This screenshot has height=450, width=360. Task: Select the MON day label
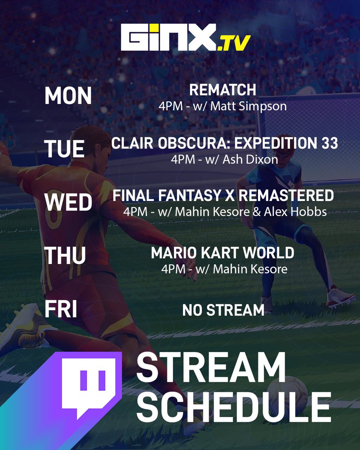point(68,96)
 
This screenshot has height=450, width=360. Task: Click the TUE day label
point(64,149)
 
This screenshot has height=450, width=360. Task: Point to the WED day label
point(68,202)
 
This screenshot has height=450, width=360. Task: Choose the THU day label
point(65,256)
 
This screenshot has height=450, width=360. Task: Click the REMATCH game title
point(222,90)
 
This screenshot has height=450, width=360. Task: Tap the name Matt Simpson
point(248,106)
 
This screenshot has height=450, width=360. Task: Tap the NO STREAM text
point(223,310)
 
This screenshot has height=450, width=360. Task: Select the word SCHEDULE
point(233,407)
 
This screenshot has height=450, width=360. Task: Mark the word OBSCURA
point(191,143)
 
